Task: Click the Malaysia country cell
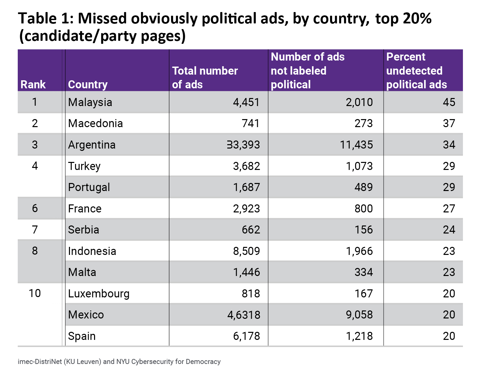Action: (90, 102)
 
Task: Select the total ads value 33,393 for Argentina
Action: (243, 145)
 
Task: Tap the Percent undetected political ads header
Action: (416, 71)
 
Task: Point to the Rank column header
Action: (33, 85)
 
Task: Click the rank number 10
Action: (35, 293)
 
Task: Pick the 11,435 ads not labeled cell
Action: (356, 145)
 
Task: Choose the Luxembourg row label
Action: (99, 294)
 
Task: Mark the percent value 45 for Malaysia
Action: (449, 102)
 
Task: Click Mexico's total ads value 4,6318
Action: (244, 315)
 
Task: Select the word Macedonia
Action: (95, 123)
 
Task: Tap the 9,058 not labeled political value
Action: (359, 315)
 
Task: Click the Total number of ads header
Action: (205, 78)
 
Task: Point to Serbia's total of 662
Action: (251, 230)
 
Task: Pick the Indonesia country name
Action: (92, 251)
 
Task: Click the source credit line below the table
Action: (119, 362)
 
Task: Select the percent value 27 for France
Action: (449, 209)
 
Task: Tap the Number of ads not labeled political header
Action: (308, 71)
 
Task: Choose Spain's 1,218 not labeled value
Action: (359, 336)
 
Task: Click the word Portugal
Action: (89, 187)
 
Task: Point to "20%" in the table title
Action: (417, 19)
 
